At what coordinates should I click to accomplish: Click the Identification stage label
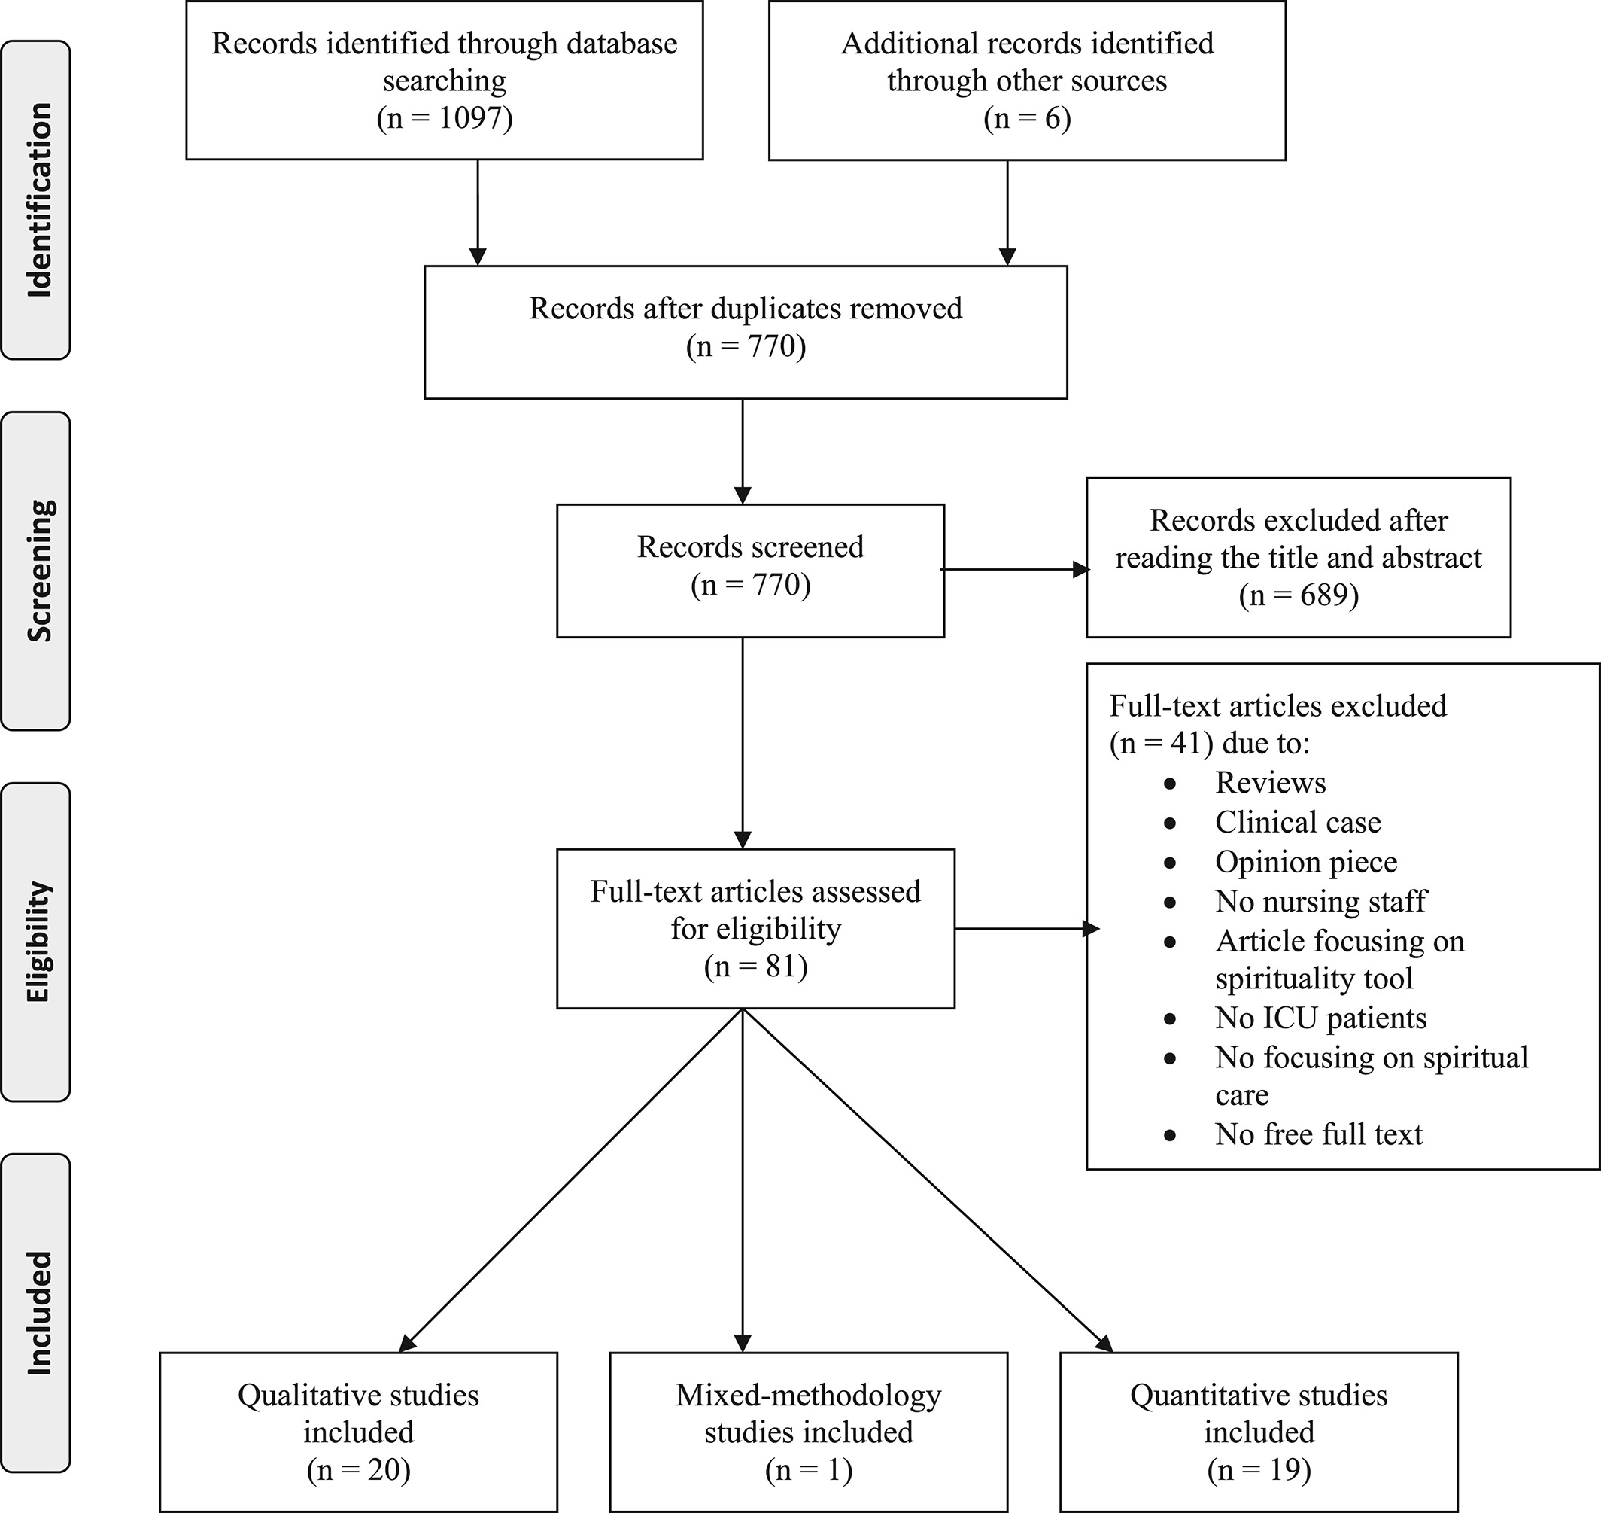tap(38, 200)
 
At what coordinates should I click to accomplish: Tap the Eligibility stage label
tap(38, 941)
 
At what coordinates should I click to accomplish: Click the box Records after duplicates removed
tap(746, 331)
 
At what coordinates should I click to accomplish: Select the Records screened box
tap(751, 571)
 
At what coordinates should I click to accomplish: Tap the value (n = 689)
tap(1299, 595)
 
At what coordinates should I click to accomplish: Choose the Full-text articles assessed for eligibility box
tap(755, 928)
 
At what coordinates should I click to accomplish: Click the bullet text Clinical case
tap(1298, 822)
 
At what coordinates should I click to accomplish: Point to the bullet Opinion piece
tap(1306, 861)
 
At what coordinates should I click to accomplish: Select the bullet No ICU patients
tap(1320, 1018)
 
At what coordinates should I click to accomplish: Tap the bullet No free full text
tap(1319, 1134)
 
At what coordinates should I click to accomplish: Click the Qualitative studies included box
tap(359, 1432)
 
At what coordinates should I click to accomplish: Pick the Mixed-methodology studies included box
tap(809, 1432)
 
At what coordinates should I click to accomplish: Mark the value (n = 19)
tap(1259, 1469)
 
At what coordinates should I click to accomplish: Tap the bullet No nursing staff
tap(1320, 901)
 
